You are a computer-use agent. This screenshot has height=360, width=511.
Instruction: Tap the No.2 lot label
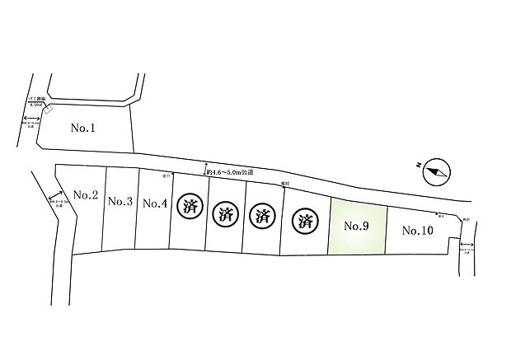pyautogui.click(x=86, y=195)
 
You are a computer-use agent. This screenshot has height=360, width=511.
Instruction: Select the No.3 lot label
pyautogui.click(x=120, y=201)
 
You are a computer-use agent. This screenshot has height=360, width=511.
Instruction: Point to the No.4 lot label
pyautogui.click(x=155, y=203)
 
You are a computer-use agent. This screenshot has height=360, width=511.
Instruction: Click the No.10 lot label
pyautogui.click(x=417, y=231)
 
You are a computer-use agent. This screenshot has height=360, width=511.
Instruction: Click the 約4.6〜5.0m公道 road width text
pyautogui.click(x=232, y=172)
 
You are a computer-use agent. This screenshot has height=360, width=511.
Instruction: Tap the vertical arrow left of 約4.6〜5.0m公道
pyautogui.click(x=204, y=170)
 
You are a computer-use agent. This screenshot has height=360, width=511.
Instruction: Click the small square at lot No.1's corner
pyautogui.click(x=48, y=111)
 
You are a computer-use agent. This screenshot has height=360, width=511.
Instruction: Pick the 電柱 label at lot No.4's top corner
pyautogui.click(x=166, y=176)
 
